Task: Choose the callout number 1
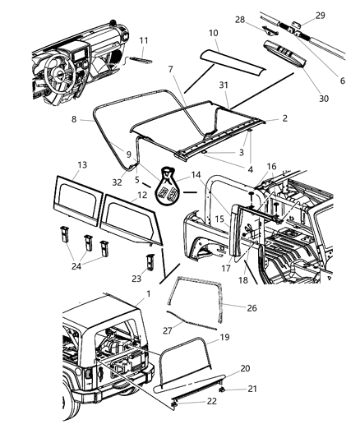[x=146, y=293]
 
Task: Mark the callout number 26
[x=252, y=308]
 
